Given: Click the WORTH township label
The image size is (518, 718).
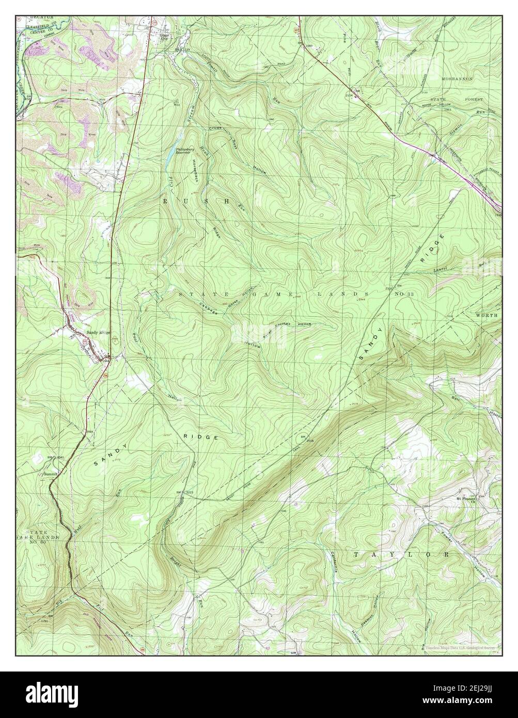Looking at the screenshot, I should click(486, 315).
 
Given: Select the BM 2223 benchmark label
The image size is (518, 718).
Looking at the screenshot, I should click(184, 492).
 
